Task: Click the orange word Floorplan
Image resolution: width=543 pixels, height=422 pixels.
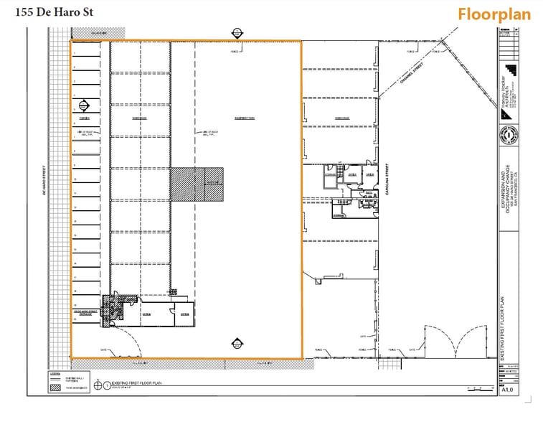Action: pos(494,14)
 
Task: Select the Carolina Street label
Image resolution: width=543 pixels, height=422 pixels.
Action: pos(387,184)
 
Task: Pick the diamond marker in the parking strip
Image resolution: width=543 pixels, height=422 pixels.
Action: pos(83,105)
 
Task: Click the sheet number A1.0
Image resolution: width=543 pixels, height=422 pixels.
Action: pos(507,390)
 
